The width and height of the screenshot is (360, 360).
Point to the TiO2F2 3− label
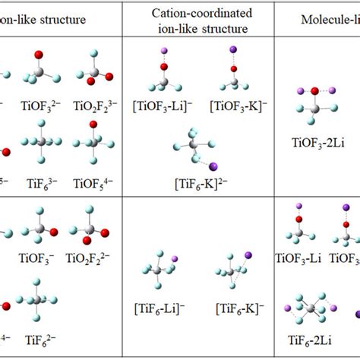click(93, 102)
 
